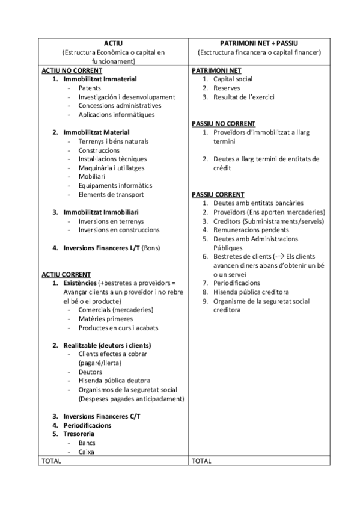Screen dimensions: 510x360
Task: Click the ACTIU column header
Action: [113, 43]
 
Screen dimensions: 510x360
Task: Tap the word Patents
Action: [90, 88]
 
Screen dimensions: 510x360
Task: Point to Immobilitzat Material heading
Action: [96, 132]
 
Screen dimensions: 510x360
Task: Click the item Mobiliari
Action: [93, 177]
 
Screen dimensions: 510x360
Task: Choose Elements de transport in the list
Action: [111, 194]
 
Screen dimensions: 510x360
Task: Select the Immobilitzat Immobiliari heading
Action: [101, 212]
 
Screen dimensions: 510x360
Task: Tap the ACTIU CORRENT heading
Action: [66, 274]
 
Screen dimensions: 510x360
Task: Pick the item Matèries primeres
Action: [106, 319]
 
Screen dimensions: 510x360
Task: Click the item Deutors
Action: [90, 372]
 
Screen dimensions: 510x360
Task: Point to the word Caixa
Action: [86, 452]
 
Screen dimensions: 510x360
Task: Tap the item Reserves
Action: [227, 88]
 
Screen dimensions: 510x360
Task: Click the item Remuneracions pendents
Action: [251, 230]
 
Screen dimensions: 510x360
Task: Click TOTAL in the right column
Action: [201, 461]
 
